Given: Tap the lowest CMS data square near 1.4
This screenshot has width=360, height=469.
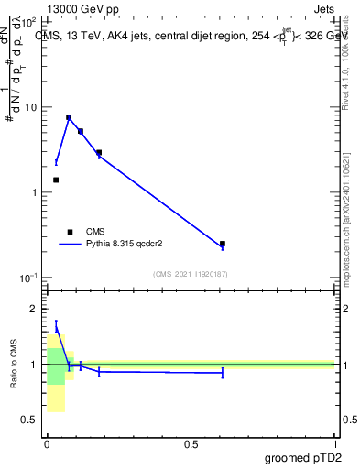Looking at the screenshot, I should click(x=56, y=180).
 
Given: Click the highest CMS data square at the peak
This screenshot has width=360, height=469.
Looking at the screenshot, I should click(x=69, y=117).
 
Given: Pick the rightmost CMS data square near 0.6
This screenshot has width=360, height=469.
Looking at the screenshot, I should click(x=223, y=244).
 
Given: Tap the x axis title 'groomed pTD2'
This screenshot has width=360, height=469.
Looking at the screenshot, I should click(x=303, y=457).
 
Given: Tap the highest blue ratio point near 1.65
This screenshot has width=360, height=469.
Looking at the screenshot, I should click(x=56, y=328).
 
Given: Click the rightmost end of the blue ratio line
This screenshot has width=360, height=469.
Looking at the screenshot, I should click(x=223, y=373).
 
